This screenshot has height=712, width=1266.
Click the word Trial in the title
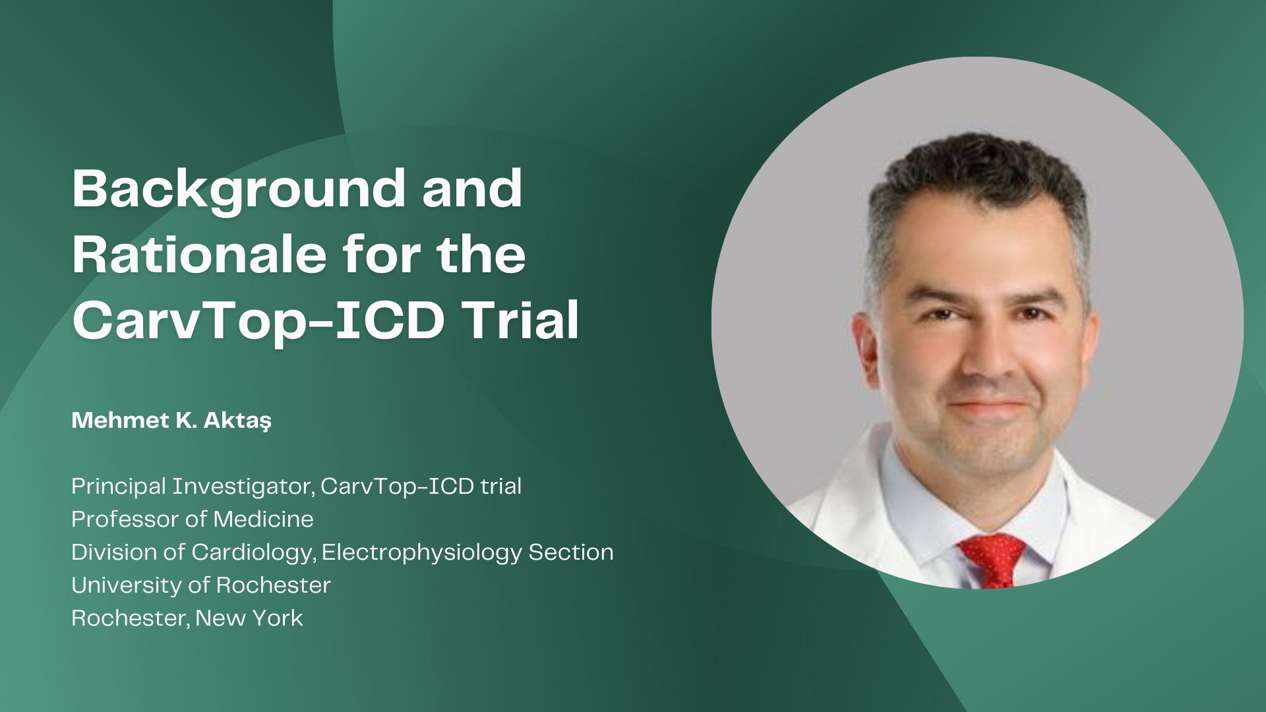(x=520, y=320)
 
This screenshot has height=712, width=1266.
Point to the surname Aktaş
(x=237, y=421)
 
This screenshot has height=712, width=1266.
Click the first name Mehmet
(x=120, y=420)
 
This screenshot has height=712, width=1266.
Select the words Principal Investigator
(x=192, y=487)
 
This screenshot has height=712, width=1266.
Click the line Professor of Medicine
(x=193, y=519)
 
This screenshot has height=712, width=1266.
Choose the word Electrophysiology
(x=422, y=552)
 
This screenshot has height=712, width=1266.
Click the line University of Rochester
(x=201, y=585)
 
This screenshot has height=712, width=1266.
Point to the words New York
(x=249, y=618)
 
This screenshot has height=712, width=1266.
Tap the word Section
(x=571, y=552)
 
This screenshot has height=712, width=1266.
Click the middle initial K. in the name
(x=187, y=420)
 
